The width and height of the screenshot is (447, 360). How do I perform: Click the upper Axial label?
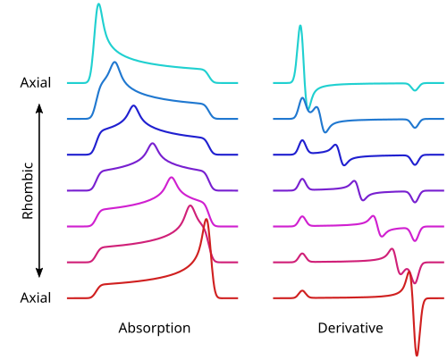(36, 82)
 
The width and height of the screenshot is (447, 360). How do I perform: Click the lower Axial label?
(36, 297)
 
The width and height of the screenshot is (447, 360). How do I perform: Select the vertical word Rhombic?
(28, 190)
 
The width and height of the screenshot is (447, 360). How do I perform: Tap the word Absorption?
(155, 329)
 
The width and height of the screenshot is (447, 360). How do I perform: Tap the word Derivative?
(350, 328)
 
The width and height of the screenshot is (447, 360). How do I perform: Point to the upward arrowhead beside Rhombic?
(39, 108)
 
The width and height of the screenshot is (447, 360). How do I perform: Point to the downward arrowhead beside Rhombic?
(39, 272)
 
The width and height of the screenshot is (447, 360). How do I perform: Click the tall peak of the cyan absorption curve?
(98, 4)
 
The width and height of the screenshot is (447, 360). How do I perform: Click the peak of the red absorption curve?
(207, 220)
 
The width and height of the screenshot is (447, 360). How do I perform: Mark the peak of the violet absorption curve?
(153, 144)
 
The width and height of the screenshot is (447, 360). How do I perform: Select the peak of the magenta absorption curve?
(171, 178)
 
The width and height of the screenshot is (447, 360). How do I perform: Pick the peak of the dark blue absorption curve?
(133, 106)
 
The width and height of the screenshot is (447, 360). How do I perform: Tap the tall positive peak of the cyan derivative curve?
(300, 26)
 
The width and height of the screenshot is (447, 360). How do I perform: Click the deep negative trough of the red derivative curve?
(417, 355)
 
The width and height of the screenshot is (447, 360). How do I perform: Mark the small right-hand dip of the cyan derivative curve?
(415, 90)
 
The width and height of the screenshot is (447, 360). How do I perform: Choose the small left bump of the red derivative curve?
(302, 291)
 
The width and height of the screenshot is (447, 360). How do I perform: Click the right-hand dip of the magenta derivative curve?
(415, 240)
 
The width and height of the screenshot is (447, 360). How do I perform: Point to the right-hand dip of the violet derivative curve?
(415, 202)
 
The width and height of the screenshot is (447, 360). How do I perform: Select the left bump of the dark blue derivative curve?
(303, 140)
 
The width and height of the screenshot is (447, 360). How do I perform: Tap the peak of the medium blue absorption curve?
(114, 63)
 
